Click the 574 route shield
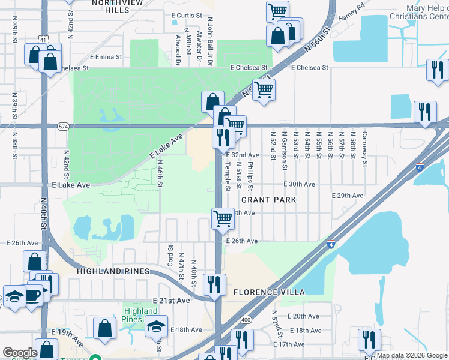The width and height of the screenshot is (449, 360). coord(62,127)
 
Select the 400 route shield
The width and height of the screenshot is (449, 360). coord(244,321)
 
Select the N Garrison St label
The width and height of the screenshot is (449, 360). coord(285,150)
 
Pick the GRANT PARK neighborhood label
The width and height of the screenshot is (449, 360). coord(269,199)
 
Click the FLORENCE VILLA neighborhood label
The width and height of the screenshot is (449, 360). coord(269,292)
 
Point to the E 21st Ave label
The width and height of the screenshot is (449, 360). coord(171,300)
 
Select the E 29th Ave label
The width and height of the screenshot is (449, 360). coord(348,196)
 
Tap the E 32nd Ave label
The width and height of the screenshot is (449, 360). coord(242,155)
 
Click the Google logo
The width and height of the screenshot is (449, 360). coord(19,353)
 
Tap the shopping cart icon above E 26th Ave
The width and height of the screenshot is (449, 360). coord(223,218)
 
